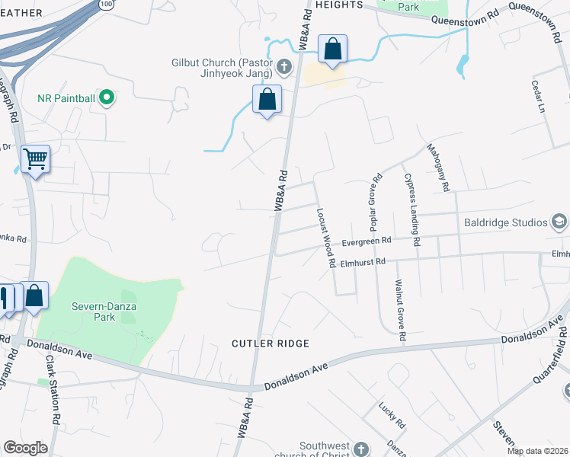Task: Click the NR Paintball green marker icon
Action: click(107, 97)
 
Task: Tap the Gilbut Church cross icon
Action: click(283, 67)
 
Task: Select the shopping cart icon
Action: click(35, 159)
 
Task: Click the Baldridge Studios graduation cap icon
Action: click(559, 222)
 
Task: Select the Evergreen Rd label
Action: click(366, 241)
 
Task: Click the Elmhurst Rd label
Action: click(364, 263)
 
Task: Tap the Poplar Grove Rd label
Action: click(376, 203)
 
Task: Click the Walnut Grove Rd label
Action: click(399, 309)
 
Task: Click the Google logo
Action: click(25, 448)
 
